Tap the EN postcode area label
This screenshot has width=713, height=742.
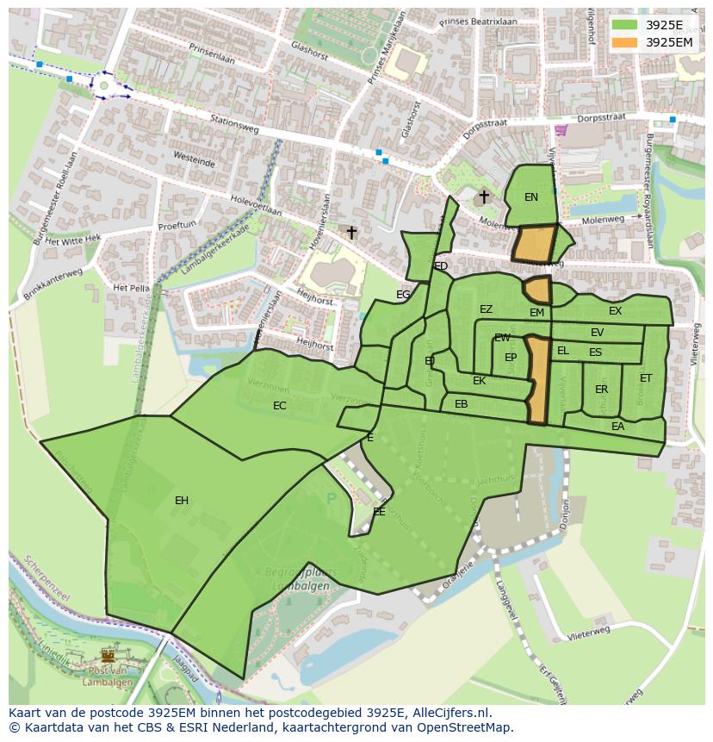pos(531,197)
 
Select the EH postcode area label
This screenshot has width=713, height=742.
pos(182,501)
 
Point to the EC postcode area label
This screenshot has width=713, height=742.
pos(280,406)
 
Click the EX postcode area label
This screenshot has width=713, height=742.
pos(615,311)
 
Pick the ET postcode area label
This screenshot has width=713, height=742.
pos(646,378)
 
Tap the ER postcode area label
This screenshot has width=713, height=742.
pos(601,390)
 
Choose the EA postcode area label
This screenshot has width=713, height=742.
pos(617,427)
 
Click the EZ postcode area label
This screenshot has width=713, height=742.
pos(487,309)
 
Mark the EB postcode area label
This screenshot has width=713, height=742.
pos(462,404)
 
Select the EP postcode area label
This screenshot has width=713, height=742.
pos(511,358)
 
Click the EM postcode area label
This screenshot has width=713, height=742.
pos(536,313)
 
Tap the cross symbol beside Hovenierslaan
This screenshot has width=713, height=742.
pos(351,233)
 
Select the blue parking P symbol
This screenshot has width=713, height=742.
pos(332,498)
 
